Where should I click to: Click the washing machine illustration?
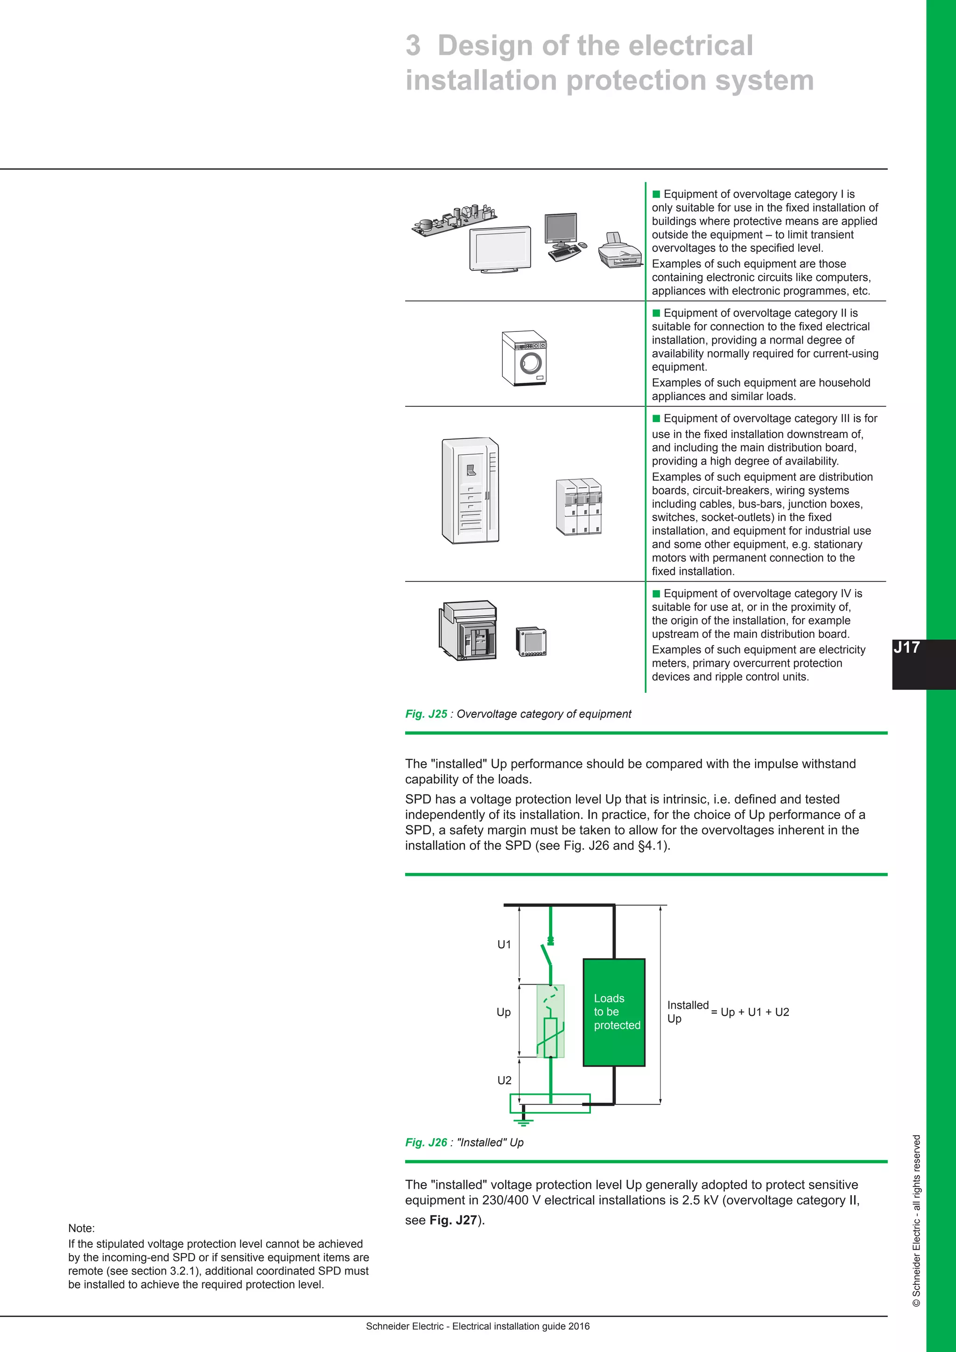(523, 359)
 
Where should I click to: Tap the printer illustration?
(620, 250)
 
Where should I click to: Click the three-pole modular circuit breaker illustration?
(579, 507)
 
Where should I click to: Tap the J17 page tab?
(907, 648)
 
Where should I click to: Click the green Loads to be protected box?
(613, 1012)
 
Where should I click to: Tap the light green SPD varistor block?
(550, 1021)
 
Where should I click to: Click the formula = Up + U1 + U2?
(750, 1012)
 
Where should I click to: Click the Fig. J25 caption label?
(426, 714)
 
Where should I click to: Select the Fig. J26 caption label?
(426, 1142)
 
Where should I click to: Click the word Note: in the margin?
(81, 1228)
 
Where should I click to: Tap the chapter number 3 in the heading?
(413, 46)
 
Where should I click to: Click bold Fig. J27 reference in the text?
(452, 1220)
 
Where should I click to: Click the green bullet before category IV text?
(656, 593)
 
